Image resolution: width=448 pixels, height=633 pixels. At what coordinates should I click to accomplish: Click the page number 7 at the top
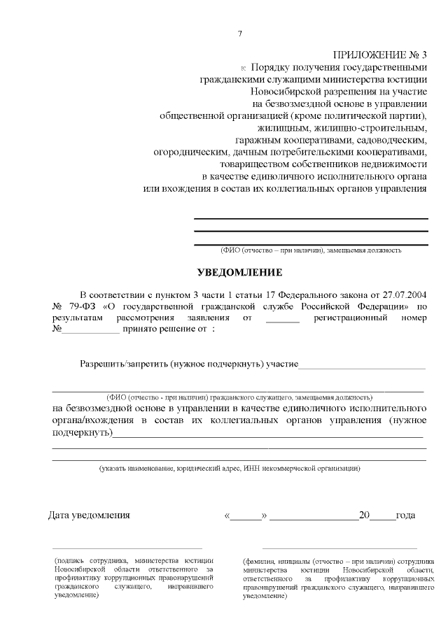click(239, 33)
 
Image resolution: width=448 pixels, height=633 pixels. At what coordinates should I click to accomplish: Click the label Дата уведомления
click(89, 515)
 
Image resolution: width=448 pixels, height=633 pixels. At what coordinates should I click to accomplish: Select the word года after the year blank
click(405, 515)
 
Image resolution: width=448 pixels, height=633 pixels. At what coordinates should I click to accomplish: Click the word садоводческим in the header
click(390, 140)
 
